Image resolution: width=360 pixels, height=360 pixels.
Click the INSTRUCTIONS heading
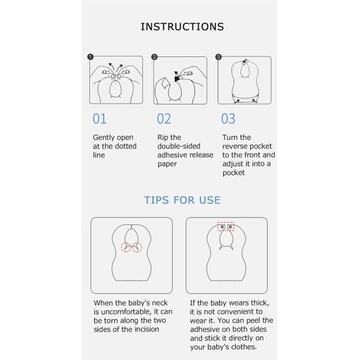(182, 26)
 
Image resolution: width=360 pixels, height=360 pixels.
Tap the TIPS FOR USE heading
(182, 200)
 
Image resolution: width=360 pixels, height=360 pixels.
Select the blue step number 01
(100, 119)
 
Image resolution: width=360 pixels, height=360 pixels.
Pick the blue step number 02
(164, 119)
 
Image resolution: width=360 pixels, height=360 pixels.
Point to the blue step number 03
(228, 119)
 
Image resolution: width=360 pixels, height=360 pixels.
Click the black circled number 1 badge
(90, 57)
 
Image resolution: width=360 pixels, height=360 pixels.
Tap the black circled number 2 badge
(154, 57)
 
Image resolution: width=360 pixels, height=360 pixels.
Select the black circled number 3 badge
(218, 57)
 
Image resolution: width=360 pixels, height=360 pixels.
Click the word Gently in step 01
(103, 138)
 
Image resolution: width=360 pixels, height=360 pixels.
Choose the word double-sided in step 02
(179, 146)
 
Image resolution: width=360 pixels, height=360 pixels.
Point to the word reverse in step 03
(235, 146)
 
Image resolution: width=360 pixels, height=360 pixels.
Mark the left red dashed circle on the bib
(126, 247)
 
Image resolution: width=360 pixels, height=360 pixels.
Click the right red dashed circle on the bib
(137, 247)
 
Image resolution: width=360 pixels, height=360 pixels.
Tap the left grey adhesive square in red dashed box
(222, 227)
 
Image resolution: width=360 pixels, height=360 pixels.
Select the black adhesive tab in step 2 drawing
(177, 79)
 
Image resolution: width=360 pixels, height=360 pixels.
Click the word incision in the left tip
(147, 329)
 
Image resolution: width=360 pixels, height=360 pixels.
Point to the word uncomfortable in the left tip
(126, 311)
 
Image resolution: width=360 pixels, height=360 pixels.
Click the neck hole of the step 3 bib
(245, 70)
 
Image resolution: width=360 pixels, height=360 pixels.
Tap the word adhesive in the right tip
(205, 329)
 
